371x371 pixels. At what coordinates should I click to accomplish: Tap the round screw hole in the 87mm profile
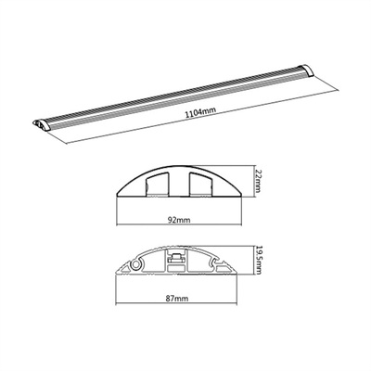[140, 264]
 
